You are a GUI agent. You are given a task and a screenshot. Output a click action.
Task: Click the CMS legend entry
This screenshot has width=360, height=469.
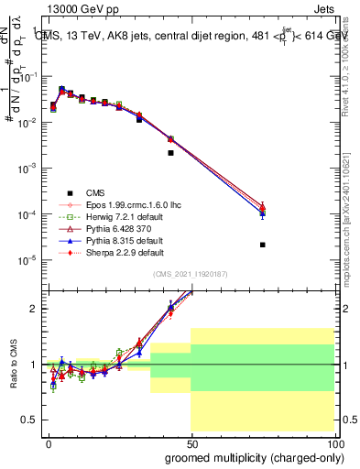click(95, 192)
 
